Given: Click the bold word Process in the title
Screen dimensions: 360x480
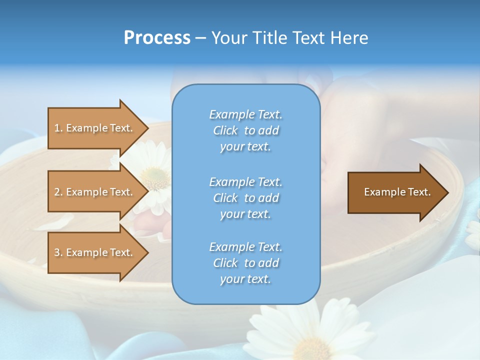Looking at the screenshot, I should (x=157, y=38).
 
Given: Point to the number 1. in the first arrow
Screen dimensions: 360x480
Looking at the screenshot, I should (x=58, y=128).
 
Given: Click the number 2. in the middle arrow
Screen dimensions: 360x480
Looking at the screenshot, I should (x=58, y=192).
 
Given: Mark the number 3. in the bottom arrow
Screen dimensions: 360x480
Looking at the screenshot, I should (x=58, y=252).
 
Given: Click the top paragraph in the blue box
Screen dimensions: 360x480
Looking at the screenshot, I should (x=245, y=130).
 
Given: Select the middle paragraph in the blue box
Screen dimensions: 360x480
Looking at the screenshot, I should (x=245, y=197).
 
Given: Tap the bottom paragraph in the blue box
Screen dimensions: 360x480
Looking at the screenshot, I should (x=245, y=263).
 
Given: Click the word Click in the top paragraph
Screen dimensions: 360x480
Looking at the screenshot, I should (x=225, y=130).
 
